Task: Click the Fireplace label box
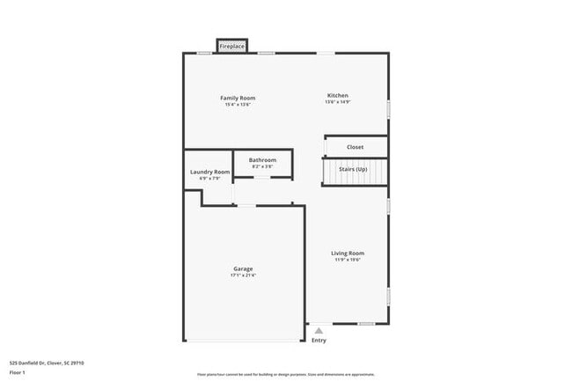point(232,46)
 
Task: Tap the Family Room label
point(238,98)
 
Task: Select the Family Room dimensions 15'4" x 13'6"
point(238,105)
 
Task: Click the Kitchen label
point(338,95)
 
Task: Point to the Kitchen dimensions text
point(338,102)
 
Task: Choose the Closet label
point(355,147)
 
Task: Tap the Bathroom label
point(262,159)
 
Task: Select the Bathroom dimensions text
point(262,166)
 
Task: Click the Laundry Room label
point(210,172)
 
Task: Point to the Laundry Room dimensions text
point(210,179)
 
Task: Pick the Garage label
point(243,268)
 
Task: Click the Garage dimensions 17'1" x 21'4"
point(243,275)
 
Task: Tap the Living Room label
point(348,253)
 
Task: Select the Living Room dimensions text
point(348,260)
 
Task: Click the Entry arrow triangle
point(319,330)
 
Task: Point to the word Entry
point(319,340)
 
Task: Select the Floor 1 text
point(18,372)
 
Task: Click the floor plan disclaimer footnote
point(286,373)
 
